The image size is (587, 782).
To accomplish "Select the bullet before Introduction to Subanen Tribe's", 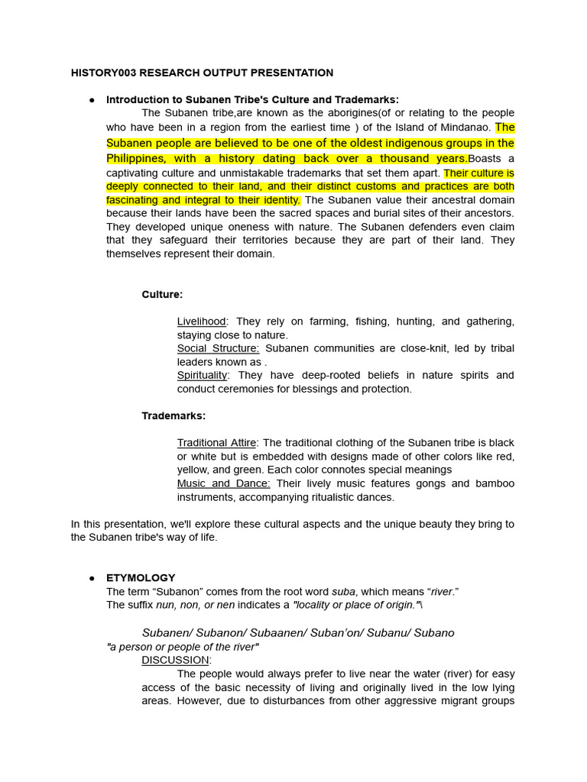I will point(92,100).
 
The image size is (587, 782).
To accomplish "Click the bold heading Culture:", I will point(162,294).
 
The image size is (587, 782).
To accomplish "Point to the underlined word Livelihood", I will point(202,322).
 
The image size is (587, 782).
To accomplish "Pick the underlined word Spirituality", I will point(202,375).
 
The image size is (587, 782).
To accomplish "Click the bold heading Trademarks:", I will point(174,415).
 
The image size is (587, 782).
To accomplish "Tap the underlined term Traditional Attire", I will point(217,443).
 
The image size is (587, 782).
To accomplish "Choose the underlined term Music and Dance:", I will point(223,483).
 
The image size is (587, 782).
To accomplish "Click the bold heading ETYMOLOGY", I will point(141,578).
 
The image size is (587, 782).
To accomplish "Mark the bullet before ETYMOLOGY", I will point(92,578).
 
